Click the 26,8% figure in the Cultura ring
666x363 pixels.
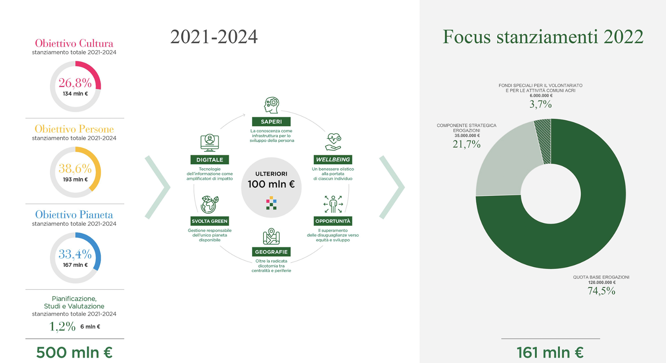click(x=75, y=83)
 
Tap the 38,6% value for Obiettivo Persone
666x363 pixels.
click(x=75, y=169)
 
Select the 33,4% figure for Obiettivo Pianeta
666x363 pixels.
click(x=75, y=254)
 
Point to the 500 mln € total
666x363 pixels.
click(x=74, y=353)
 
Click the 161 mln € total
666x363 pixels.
click(x=550, y=353)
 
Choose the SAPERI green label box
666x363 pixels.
click(x=271, y=122)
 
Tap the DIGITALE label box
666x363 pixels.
click(x=210, y=160)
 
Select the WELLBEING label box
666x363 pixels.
click(x=333, y=159)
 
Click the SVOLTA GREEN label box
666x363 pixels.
click(x=210, y=221)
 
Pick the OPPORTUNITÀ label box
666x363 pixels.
click(x=333, y=221)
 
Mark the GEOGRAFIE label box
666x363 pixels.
click(x=271, y=252)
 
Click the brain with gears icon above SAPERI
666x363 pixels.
click(x=272, y=105)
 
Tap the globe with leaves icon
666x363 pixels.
click(x=210, y=205)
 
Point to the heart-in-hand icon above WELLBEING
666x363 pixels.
click(x=333, y=142)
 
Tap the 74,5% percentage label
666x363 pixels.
click(x=601, y=291)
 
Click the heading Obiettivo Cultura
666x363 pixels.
click(x=74, y=43)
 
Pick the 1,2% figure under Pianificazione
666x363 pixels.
click(x=62, y=326)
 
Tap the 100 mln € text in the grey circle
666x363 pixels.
click(x=271, y=184)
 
